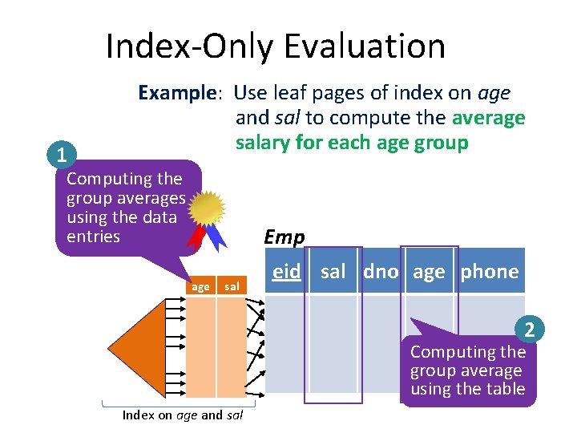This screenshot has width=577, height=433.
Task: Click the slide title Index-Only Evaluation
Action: (275, 47)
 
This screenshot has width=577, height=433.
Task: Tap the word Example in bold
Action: (176, 93)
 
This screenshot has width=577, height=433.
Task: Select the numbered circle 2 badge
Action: (528, 330)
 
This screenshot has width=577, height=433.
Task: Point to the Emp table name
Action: (284, 237)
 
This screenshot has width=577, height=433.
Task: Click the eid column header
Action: (286, 272)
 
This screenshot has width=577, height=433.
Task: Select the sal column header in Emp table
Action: (333, 272)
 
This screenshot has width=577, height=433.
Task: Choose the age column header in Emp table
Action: (429, 272)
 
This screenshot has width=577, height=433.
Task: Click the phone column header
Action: (489, 272)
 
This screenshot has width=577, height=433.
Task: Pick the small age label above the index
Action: (200, 286)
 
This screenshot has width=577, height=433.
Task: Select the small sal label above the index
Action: (231, 286)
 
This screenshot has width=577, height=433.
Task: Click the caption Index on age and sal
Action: (182, 415)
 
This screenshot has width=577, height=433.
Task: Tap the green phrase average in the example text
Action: (488, 118)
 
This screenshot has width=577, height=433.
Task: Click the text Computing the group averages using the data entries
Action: (124, 207)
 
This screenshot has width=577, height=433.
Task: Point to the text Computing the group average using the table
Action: (467, 370)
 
